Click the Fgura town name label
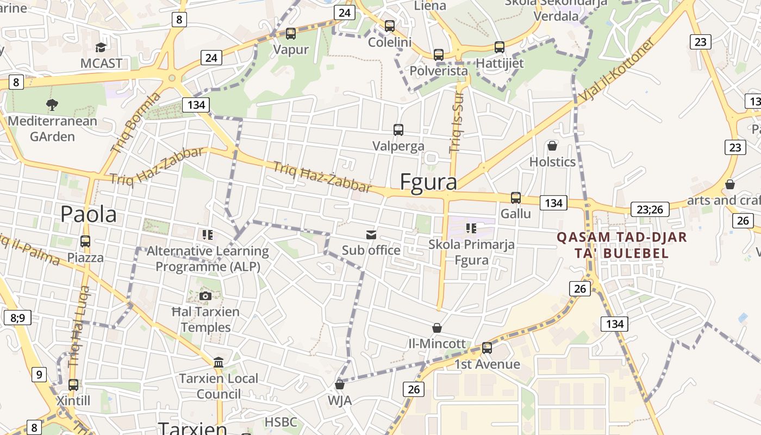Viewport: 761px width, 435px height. (x=428, y=182)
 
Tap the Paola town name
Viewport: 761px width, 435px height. (x=88, y=214)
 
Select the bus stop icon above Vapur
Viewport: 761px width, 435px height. (x=291, y=34)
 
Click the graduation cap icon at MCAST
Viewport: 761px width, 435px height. (x=101, y=47)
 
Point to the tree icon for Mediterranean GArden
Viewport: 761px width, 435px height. (x=52, y=104)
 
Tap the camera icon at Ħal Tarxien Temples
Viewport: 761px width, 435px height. (x=205, y=296)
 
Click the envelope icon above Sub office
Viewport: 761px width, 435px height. (x=371, y=234)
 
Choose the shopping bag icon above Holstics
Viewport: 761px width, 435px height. (x=552, y=146)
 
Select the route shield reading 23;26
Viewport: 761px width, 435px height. (x=650, y=209)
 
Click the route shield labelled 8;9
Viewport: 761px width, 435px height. (x=17, y=318)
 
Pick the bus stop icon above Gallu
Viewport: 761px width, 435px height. (x=515, y=197)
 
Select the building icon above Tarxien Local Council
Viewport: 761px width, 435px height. (x=219, y=362)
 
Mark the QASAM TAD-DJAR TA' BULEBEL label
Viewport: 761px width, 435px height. (x=622, y=245)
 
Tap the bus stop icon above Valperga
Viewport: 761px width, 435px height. (x=398, y=130)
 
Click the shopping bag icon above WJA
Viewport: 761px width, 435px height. (x=340, y=384)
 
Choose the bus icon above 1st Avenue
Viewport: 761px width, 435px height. (x=487, y=348)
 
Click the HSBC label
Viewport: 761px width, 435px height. (x=281, y=422)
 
